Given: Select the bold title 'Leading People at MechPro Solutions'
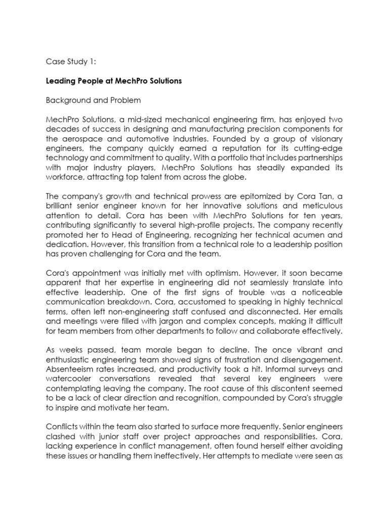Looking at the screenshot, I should [x=114, y=81].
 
